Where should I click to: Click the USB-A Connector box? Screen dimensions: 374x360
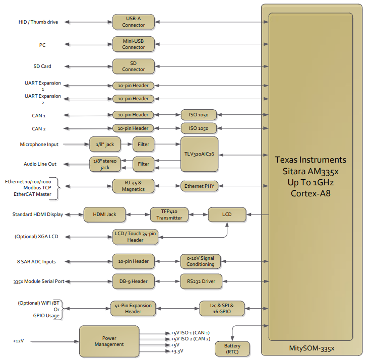point(134,22)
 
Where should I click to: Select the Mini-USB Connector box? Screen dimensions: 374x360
point(134,44)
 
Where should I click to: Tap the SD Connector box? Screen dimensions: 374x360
point(134,66)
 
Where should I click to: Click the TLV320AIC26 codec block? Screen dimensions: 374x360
point(199,154)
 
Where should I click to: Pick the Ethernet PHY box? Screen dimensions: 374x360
point(199,186)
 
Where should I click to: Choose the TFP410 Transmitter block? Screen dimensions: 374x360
point(169,214)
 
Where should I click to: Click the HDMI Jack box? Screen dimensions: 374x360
point(104,214)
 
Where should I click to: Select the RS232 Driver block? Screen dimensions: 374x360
point(201,281)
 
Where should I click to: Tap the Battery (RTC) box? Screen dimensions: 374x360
point(232,349)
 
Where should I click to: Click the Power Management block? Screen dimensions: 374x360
point(109,341)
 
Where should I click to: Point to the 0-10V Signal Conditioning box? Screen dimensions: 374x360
point(201,261)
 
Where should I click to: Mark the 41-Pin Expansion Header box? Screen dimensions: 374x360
point(133,309)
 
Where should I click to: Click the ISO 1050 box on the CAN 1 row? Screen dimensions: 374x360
point(199,115)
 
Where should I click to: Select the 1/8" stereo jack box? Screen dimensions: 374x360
point(105,164)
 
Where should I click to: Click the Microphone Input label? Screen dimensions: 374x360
point(39,145)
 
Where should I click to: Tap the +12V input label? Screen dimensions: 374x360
point(18,341)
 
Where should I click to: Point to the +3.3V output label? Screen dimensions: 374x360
point(177,351)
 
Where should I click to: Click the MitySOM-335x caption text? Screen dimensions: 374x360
point(311,348)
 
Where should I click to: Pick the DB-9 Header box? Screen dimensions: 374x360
point(134,281)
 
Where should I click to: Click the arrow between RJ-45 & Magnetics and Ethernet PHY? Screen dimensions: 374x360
point(167,186)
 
